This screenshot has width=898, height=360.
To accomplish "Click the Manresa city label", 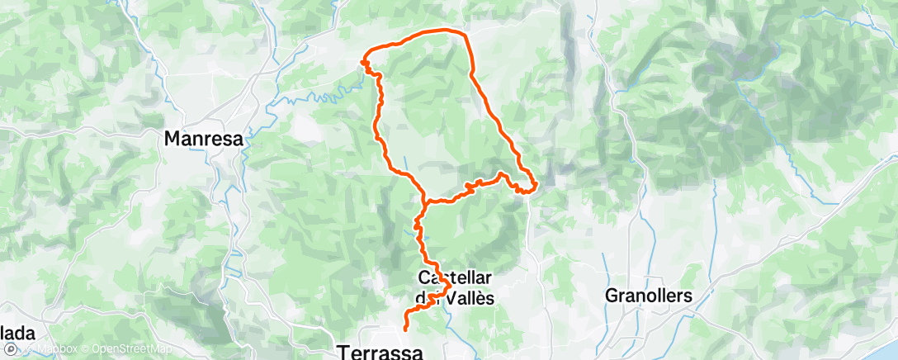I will click(x=204, y=139).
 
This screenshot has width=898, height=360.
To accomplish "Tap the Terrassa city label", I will click(x=380, y=353).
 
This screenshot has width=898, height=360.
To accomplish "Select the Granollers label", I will click(x=648, y=295).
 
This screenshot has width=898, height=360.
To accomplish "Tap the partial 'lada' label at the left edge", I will click(x=17, y=334).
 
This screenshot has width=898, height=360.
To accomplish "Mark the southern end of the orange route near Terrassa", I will click(x=405, y=329).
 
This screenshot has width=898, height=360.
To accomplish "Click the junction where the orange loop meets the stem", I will click(x=423, y=201).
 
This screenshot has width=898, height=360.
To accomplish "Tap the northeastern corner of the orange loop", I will click(x=466, y=35).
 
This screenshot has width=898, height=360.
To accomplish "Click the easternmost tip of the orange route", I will click(x=536, y=185).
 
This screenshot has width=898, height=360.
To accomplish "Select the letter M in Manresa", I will click(x=173, y=139).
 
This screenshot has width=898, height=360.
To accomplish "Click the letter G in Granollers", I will click(x=612, y=295).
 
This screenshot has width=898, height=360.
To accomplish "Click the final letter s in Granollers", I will click(x=687, y=295).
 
